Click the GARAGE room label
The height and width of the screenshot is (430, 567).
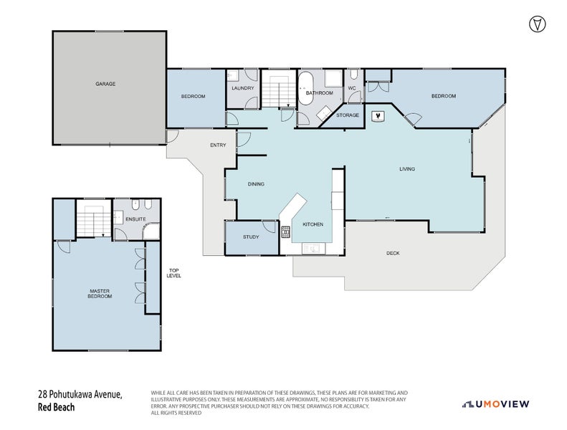(x=105, y=84)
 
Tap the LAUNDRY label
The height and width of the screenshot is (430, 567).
(x=243, y=88)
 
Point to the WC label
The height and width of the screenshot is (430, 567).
(x=352, y=89)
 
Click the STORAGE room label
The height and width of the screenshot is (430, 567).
(x=348, y=115)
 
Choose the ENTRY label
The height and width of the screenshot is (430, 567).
(x=218, y=145)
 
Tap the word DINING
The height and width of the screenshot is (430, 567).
(x=256, y=184)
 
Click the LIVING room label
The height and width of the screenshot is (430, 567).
(x=407, y=169)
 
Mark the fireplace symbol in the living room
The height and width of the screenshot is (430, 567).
(x=378, y=115)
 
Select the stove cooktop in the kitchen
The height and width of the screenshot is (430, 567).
(x=285, y=231)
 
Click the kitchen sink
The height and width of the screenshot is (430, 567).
(x=314, y=249)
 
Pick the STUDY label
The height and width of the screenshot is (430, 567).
(x=251, y=236)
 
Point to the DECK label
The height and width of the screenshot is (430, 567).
(x=393, y=253)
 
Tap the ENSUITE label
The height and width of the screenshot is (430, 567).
(x=135, y=219)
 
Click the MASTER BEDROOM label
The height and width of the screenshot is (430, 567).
(x=100, y=294)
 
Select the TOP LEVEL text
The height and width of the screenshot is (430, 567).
(x=174, y=272)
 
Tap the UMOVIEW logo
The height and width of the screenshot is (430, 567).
(x=496, y=404)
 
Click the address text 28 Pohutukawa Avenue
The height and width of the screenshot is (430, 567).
(x=80, y=395)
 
